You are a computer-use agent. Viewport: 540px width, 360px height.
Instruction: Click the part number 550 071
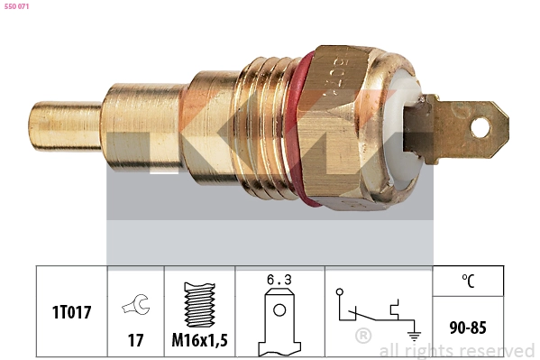pyautogui.click(x=17, y=7)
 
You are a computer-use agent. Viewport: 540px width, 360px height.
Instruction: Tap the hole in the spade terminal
pyautogui.click(x=479, y=128)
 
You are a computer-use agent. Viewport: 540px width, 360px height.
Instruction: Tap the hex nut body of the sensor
pyautogui.click(x=352, y=126)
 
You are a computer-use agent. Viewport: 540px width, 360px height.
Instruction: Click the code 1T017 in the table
pyautogui.click(x=71, y=313)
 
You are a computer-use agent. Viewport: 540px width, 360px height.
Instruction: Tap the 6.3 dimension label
pyautogui.click(x=279, y=281)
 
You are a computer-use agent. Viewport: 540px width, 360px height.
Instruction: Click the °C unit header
pyautogui.click(x=469, y=281)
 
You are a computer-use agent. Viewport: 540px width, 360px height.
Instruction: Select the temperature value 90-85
pyautogui.click(x=469, y=327)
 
